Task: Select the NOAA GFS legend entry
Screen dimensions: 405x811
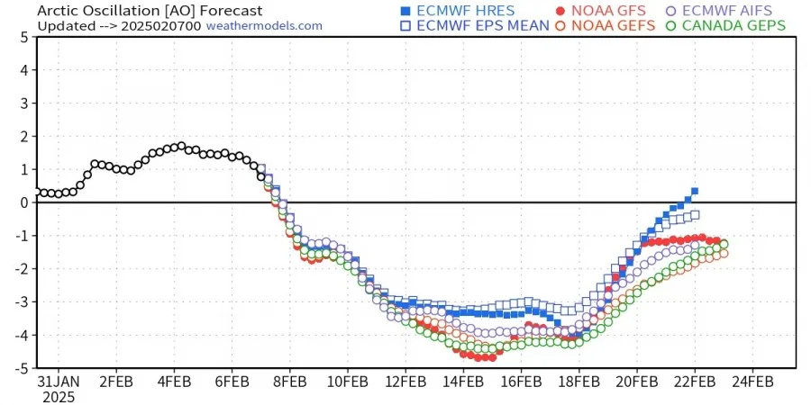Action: (605, 11)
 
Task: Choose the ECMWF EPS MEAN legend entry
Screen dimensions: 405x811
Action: (474, 25)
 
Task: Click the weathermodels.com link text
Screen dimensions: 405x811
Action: (264, 25)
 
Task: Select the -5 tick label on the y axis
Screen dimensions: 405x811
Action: (23, 368)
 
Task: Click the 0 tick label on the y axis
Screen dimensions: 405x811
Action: (25, 202)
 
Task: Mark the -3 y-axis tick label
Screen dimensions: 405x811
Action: (23, 301)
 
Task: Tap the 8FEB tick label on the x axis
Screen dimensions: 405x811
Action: (290, 380)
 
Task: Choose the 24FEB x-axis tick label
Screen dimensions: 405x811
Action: (752, 380)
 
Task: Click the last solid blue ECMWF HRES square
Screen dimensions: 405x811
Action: (695, 191)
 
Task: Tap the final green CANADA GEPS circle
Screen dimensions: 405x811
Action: (724, 244)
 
